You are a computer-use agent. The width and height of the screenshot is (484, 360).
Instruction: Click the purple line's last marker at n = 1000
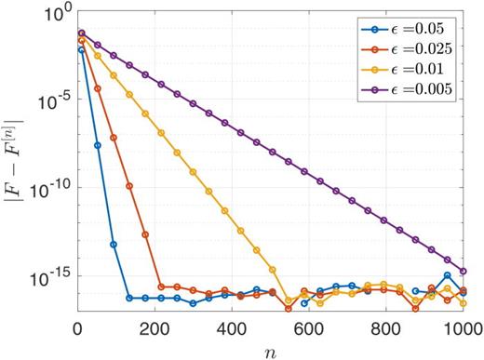point(464,271)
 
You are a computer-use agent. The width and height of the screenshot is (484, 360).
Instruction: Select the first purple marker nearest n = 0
point(82,33)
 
